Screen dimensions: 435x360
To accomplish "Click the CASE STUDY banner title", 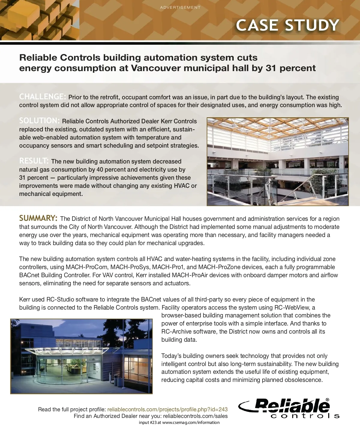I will point(287,25).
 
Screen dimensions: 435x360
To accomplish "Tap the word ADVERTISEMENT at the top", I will point(180,7).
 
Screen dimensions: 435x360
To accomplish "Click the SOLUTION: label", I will point(40,121).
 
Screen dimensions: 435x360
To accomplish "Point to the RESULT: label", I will point(34,161).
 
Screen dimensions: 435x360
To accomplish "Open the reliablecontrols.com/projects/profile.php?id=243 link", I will point(167,409).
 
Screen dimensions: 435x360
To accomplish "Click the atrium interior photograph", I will point(277,161).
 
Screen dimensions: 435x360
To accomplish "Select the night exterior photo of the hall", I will point(82,356).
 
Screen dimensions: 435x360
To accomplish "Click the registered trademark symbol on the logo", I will point(327,400).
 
